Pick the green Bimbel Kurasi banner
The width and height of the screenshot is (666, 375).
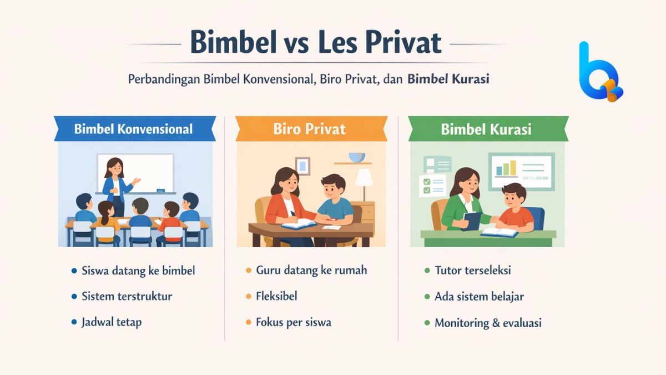[x=486, y=129]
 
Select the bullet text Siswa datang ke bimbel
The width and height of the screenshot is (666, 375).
[x=138, y=271]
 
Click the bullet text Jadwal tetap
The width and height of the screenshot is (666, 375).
[x=112, y=322]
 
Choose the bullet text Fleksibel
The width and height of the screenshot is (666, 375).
[x=276, y=296]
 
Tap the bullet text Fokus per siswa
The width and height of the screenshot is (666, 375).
[x=294, y=322]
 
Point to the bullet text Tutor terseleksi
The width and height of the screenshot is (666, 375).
[x=473, y=271]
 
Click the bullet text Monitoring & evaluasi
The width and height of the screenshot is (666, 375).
[x=488, y=322]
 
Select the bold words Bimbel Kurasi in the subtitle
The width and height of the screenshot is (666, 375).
[x=448, y=79]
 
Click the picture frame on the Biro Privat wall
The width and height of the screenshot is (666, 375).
[x=302, y=165]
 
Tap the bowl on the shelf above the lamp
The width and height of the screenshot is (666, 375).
[x=356, y=157]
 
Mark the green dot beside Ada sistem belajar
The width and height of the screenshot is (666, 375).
[x=427, y=297]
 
